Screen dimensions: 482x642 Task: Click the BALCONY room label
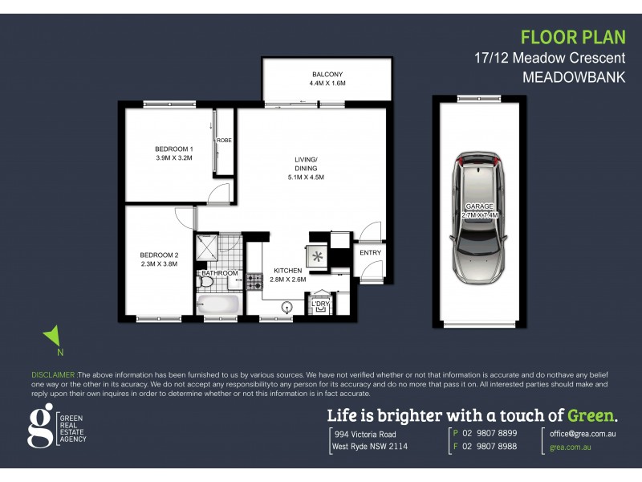coord(327,73)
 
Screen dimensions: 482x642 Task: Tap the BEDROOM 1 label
coord(174,149)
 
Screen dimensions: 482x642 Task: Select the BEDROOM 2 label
coord(159,256)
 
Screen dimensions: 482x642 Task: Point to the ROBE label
coord(224,140)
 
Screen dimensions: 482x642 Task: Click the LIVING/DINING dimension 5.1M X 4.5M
coord(306,177)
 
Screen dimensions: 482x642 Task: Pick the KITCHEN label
coord(287,270)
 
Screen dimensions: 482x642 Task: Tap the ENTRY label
coord(371,252)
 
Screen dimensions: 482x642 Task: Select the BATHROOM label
coord(220,273)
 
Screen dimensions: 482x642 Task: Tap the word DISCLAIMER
coord(53,375)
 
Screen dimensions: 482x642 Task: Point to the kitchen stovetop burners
coord(254,281)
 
